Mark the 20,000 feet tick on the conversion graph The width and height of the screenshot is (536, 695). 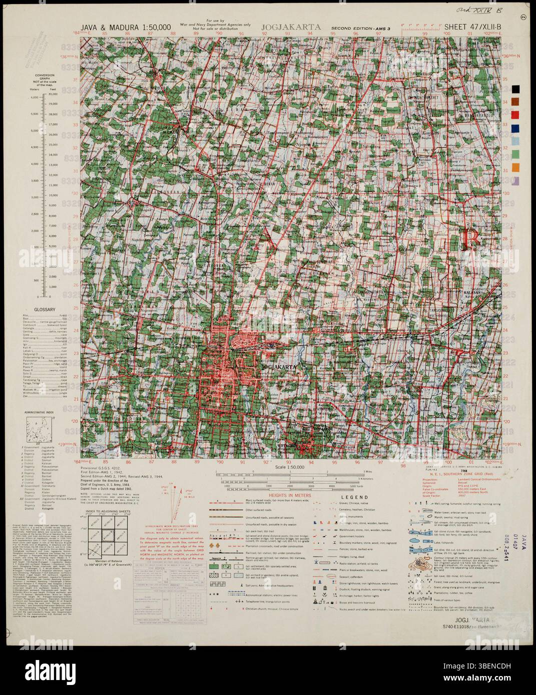(x=50, y=97)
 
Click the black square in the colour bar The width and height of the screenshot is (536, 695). (x=515, y=89)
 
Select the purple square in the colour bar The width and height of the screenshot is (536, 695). (x=515, y=180)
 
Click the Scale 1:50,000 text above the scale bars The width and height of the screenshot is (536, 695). (x=289, y=466)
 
